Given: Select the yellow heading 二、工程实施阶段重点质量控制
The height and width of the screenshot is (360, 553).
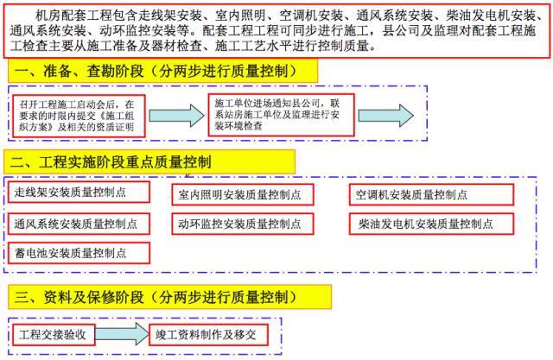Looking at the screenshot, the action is tap(150, 161).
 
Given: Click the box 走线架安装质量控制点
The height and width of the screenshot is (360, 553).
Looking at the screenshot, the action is tap(78, 193).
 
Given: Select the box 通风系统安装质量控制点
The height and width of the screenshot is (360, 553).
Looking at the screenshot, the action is tap(78, 223).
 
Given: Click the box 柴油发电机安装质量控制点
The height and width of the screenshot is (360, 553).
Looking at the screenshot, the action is tap(427, 224).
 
